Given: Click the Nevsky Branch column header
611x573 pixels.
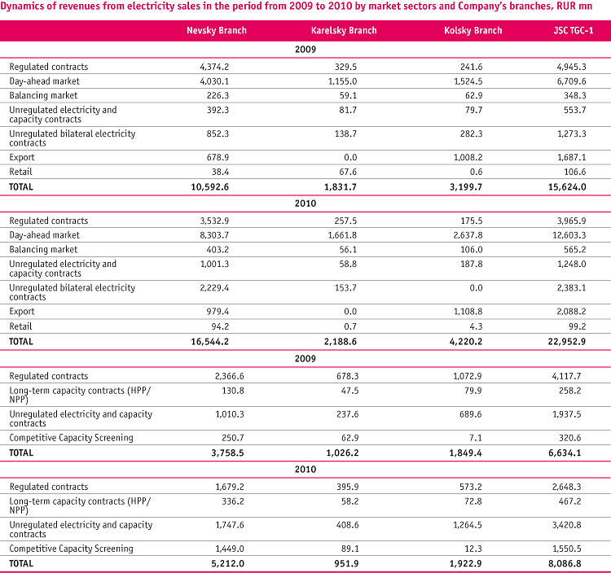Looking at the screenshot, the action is [217, 30].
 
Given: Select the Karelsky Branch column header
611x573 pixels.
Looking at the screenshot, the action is [344, 30].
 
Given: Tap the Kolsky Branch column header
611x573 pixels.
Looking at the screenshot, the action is [473, 30].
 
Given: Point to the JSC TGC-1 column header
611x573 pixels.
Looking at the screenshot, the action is [574, 30].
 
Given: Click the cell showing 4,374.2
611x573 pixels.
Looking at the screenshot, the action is [214, 67].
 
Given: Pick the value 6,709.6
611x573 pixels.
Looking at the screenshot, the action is [571, 81].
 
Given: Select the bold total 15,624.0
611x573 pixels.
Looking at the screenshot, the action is [567, 187].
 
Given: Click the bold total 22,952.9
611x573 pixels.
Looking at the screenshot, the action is [566, 341].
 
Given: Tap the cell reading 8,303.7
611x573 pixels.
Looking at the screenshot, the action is [214, 235].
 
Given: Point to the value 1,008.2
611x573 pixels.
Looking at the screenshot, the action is [468, 157].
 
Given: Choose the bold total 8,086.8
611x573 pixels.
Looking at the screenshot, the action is [565, 563].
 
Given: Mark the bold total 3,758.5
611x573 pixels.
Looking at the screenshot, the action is [227, 453].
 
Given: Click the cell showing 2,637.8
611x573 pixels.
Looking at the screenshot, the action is [468, 235].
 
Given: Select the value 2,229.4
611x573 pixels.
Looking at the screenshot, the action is [214, 287].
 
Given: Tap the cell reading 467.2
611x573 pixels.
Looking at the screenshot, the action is [569, 501].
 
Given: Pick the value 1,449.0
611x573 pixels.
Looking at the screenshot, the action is [230, 549].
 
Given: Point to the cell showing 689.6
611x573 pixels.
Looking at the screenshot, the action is [470, 414].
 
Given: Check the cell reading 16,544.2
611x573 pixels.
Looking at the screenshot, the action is [209, 341].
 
